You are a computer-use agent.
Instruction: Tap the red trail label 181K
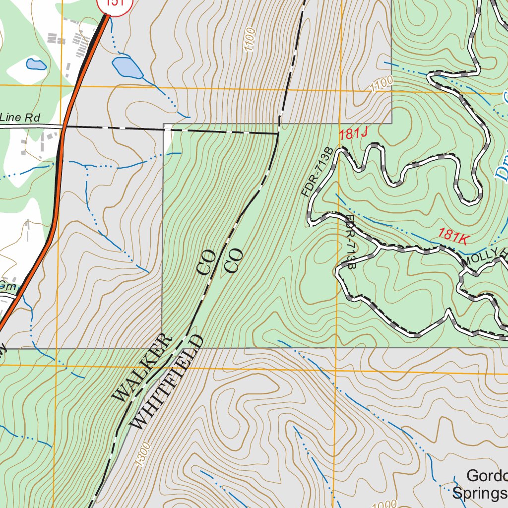pyautogui.click(x=453, y=235)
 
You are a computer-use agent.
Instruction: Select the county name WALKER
pyautogui.click(x=142, y=368)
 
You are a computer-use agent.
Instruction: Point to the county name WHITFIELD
pyautogui.click(x=167, y=382)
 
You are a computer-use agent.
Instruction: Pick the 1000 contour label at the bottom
pyautogui.click(x=384, y=504)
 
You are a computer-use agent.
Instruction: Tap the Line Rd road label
pyautogui.click(x=20, y=118)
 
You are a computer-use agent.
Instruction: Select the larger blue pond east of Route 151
pyautogui.click(x=127, y=67)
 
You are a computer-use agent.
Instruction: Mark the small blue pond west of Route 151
pyautogui.click(x=36, y=64)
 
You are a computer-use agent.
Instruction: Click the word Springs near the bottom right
pyautogui.click(x=479, y=494)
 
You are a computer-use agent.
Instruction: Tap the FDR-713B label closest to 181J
pyautogui.click(x=315, y=172)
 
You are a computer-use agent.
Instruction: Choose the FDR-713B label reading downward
pyautogui.click(x=351, y=242)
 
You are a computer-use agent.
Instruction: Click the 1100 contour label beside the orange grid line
pyautogui.click(x=381, y=84)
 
